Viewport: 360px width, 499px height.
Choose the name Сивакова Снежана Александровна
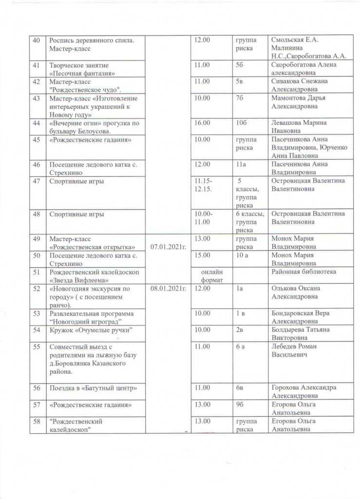(299, 85)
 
